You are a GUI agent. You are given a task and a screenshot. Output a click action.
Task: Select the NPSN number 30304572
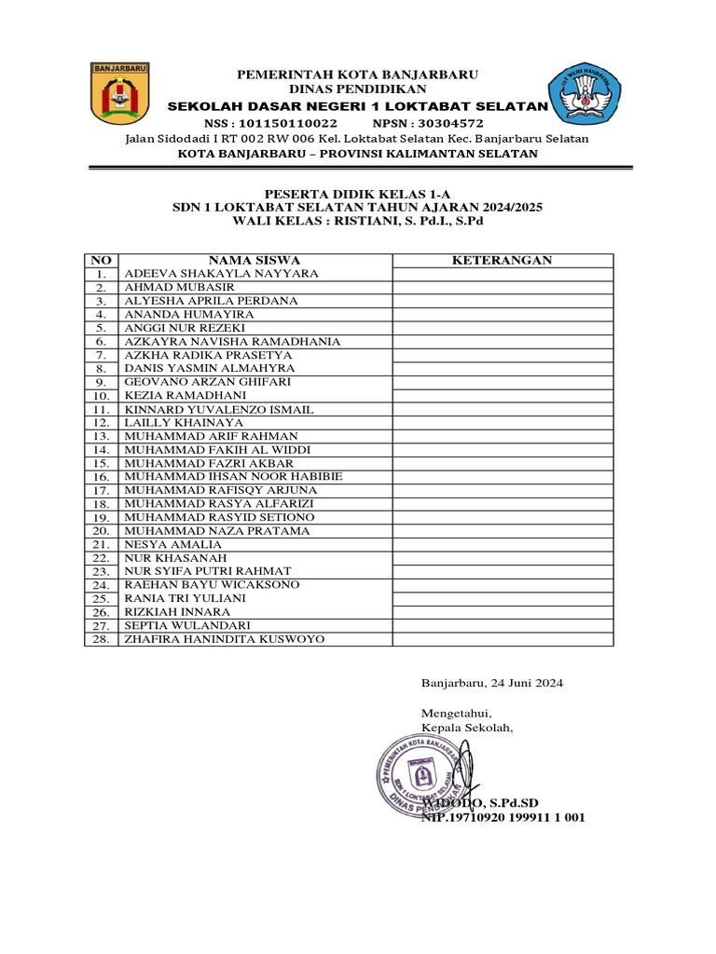450,123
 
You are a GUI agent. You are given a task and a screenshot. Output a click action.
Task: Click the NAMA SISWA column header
254,260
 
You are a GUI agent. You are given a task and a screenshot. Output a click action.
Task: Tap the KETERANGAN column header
502,260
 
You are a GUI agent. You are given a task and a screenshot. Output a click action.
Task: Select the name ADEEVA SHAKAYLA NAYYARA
222,274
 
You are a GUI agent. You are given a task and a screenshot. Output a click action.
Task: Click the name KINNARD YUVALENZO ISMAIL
219,410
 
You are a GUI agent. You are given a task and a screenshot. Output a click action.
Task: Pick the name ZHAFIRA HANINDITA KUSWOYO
225,639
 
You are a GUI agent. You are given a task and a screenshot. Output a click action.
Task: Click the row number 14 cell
101,450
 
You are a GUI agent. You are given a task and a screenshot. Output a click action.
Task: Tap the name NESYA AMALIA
173,544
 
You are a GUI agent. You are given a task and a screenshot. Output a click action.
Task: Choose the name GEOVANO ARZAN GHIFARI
208,382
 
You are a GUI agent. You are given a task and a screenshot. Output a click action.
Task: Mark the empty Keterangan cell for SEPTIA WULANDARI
502,625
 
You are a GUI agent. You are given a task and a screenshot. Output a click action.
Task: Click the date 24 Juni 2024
525,683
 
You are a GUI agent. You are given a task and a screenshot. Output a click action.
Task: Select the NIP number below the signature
503,817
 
